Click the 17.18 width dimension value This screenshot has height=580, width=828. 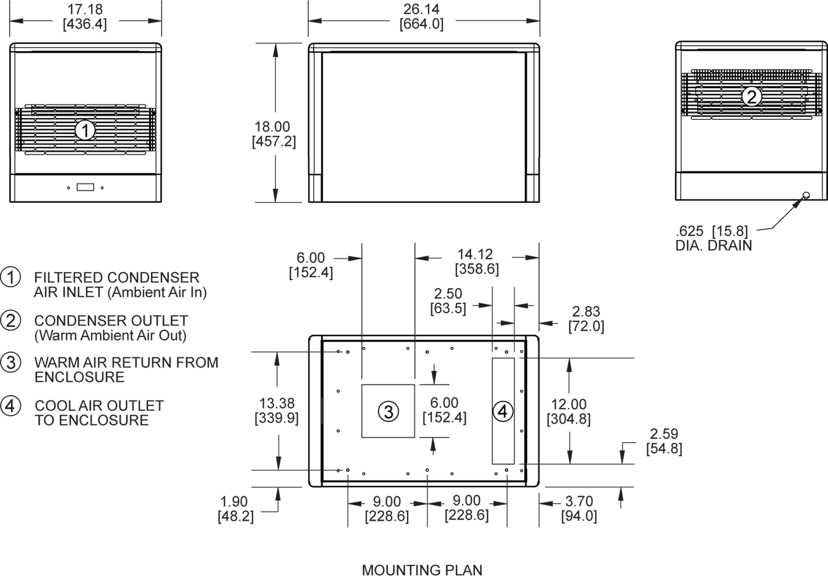tap(85, 9)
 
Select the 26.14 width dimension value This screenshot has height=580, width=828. tap(421, 9)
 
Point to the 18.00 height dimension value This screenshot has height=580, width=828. tap(272, 127)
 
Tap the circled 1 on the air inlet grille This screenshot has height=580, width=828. tap(85, 130)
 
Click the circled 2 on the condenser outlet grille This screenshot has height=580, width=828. tap(752, 97)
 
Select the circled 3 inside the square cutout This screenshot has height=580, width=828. tap(388, 411)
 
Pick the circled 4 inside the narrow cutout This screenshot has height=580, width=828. tap(503, 411)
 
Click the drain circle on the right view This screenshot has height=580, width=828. tap(806, 195)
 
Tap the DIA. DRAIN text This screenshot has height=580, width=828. tap(714, 246)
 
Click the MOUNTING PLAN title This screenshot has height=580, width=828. tap(422, 570)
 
